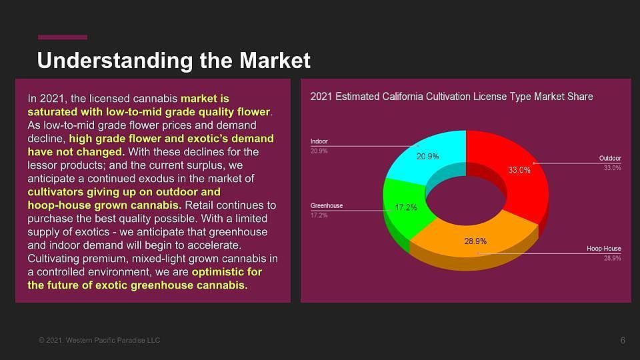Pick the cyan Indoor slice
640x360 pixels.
(429, 157)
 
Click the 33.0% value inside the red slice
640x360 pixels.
(519, 170)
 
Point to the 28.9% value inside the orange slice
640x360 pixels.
(475, 241)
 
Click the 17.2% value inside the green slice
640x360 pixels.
(406, 207)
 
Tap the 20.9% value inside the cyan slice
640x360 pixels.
(428, 156)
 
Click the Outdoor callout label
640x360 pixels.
(610, 158)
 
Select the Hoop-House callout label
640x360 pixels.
(604, 248)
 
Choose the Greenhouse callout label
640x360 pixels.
(327, 205)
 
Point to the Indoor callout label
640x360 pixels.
(319, 141)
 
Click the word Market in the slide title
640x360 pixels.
(275, 61)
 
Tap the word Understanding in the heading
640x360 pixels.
(115, 61)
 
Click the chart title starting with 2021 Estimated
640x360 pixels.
(451, 96)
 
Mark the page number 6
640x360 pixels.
(623, 341)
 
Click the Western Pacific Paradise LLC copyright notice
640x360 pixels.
(99, 340)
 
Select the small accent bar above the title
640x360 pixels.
(63, 37)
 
